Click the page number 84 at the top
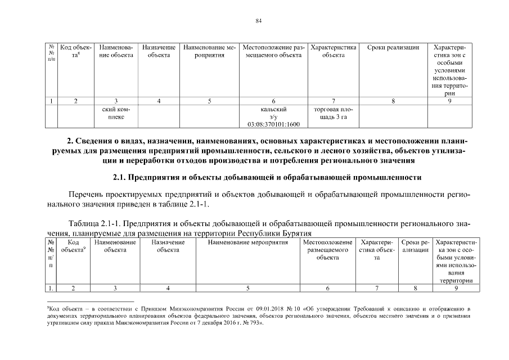259,21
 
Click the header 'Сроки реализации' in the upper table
393,48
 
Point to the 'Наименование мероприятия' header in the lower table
247,242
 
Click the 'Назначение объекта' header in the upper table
159,52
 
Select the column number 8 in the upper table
393,101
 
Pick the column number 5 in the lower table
247,289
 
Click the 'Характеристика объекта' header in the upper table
334,52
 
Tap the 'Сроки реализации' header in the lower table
415,246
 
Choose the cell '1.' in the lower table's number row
51,289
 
